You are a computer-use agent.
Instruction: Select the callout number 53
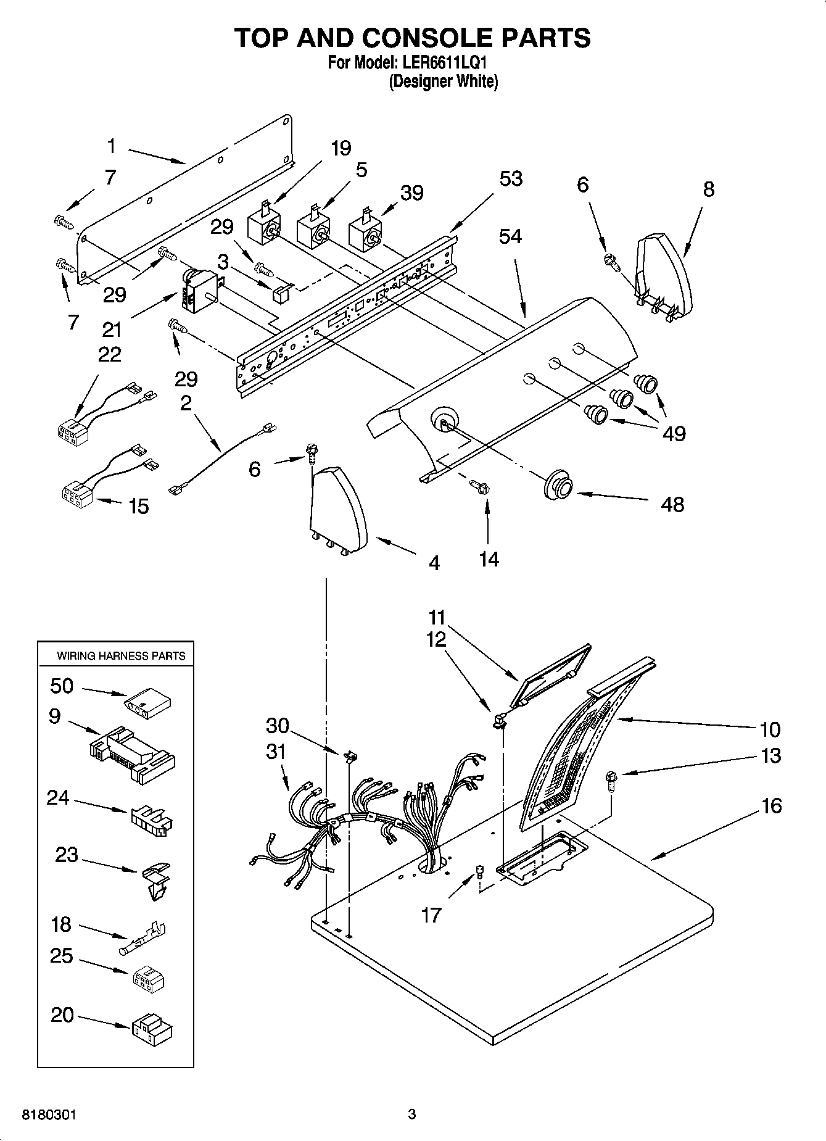pyautogui.click(x=511, y=179)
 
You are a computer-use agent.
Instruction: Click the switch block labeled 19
pyautogui.click(x=264, y=226)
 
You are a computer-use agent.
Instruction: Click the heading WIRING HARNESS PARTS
pyautogui.click(x=121, y=655)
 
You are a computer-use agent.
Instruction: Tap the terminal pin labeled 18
pyautogui.click(x=143, y=937)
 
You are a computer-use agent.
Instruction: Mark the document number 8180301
pyautogui.click(x=49, y=1115)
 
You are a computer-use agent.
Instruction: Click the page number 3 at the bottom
pyautogui.click(x=412, y=1114)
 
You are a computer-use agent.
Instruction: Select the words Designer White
pyautogui.click(x=443, y=81)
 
